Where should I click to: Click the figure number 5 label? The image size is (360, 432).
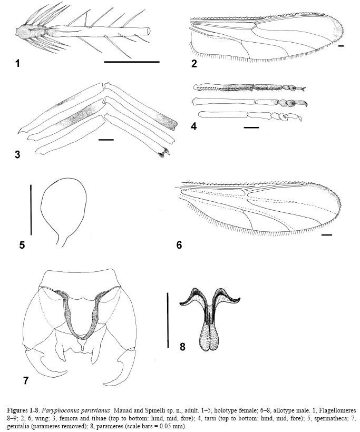pyautogui.click(x=22, y=245)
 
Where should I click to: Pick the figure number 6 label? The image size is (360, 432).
pyautogui.click(x=179, y=246)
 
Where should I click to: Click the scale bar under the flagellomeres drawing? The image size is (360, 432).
pyautogui.click(x=131, y=62)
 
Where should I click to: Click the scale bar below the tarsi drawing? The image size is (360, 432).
pyautogui.click(x=251, y=127)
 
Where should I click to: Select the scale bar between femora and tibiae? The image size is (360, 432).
pyautogui.click(x=106, y=140)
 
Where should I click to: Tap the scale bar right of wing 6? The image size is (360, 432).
pyautogui.click(x=326, y=235)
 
